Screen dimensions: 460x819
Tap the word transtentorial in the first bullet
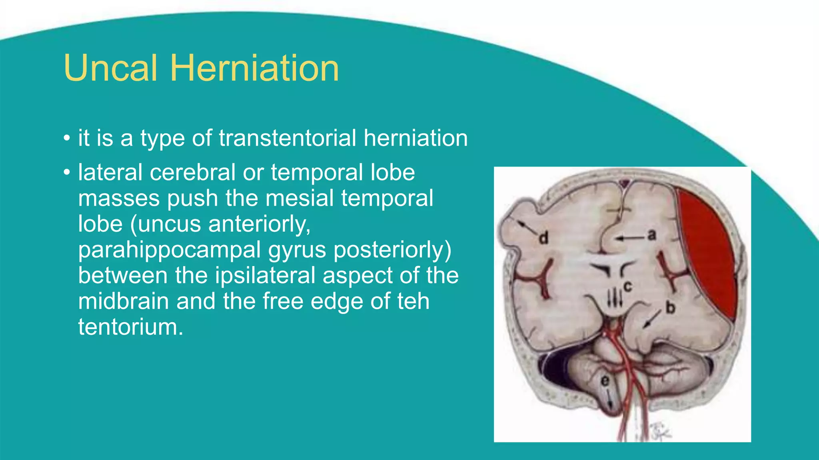click(x=287, y=138)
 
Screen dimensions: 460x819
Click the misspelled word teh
click(x=413, y=301)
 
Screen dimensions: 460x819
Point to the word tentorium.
click(x=130, y=327)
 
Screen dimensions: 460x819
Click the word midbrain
click(x=123, y=301)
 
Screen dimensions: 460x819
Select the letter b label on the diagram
click(x=670, y=307)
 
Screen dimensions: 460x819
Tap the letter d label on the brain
click(x=543, y=238)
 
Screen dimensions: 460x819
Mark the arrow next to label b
click(x=652, y=319)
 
